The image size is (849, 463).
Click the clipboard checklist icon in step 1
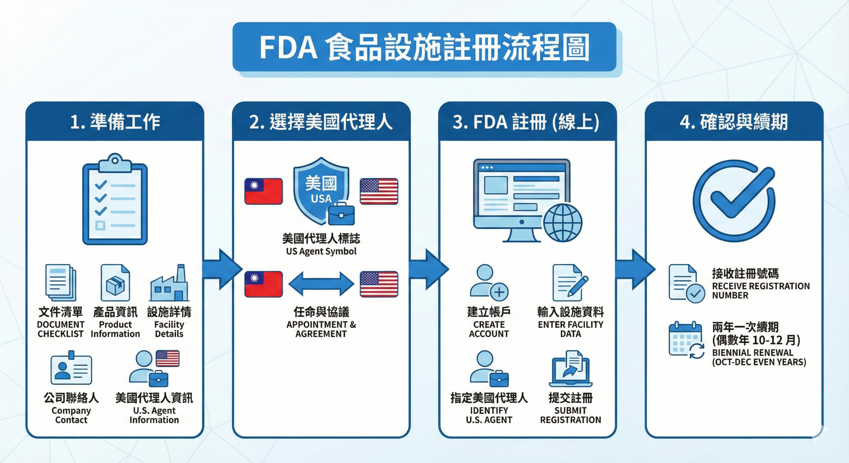pos(115,200)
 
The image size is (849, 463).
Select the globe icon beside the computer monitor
pos(562,223)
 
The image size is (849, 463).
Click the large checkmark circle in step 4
pos(734,201)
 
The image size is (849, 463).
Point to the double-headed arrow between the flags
pos(321,284)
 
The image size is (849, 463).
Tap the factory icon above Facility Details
pos(169,284)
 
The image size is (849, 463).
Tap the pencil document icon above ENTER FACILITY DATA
pos(570,282)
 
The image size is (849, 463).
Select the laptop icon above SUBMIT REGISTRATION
pos(570,369)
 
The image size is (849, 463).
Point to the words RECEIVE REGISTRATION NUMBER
pos(760,291)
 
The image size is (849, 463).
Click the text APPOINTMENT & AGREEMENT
pos(321,329)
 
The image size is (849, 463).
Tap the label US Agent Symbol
pos(321,251)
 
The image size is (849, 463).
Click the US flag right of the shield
pos(379,191)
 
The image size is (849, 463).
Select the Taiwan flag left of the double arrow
pos(263,284)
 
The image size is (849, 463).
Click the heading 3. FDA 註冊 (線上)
pos(526,122)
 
